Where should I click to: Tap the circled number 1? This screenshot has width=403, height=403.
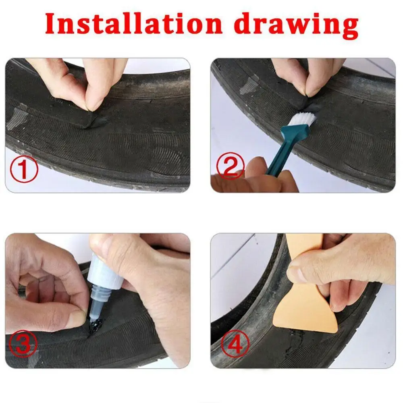click(x=23, y=170)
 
